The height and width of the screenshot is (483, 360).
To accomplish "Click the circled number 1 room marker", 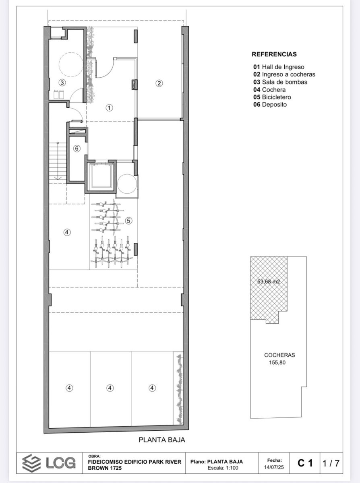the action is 109,107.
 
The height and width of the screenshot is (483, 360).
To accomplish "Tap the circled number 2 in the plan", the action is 159,83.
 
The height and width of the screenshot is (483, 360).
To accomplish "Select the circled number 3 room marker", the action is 62,83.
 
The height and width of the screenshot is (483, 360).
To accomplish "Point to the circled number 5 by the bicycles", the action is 128,221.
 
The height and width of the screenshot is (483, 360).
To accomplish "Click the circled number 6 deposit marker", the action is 77,149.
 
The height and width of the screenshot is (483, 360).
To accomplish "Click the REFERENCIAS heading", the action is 274,54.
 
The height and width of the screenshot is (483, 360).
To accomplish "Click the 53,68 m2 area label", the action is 269,282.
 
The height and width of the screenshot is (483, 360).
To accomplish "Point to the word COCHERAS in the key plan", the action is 279,355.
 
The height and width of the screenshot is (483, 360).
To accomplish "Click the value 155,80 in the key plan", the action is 277,363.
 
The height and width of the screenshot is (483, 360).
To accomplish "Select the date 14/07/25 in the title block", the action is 274,467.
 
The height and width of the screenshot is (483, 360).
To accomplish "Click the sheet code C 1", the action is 305,463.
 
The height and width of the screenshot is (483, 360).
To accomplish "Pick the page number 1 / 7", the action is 331,463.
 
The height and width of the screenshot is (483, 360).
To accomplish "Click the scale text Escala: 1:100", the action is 223,468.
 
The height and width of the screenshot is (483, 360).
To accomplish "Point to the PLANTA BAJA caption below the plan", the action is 162,438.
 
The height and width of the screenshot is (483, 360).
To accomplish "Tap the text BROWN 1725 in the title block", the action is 105,468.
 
